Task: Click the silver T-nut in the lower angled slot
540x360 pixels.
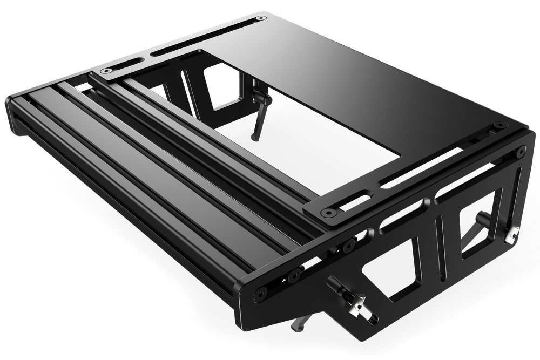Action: coord(357,308)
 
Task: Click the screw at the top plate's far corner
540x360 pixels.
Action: coord(261,18)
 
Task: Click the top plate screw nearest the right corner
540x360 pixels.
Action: coord(497,126)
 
